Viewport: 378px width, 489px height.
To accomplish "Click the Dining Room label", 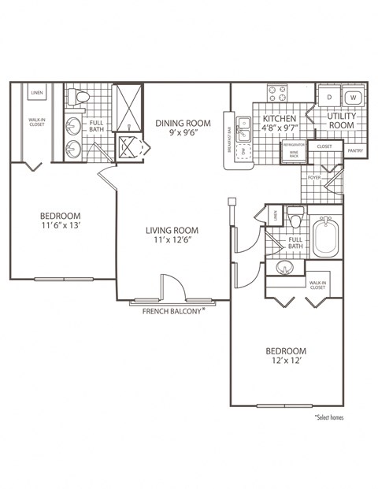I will tap(182, 122).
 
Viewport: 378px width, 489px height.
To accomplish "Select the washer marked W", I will tap(353, 98).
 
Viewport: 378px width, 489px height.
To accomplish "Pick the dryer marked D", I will tap(328, 98).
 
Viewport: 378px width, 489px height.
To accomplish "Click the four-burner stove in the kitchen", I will tap(278, 94).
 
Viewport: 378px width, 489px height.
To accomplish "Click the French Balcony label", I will tap(173, 310).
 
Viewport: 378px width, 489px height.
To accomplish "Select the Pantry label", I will tap(355, 150).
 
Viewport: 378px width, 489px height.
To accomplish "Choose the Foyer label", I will tap(314, 178).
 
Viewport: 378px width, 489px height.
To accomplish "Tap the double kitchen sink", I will tap(245, 123).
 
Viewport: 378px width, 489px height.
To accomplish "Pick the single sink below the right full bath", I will tap(283, 270).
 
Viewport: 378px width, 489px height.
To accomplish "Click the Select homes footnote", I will tap(329, 417).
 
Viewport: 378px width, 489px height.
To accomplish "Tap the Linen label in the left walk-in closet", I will tap(36, 93).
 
